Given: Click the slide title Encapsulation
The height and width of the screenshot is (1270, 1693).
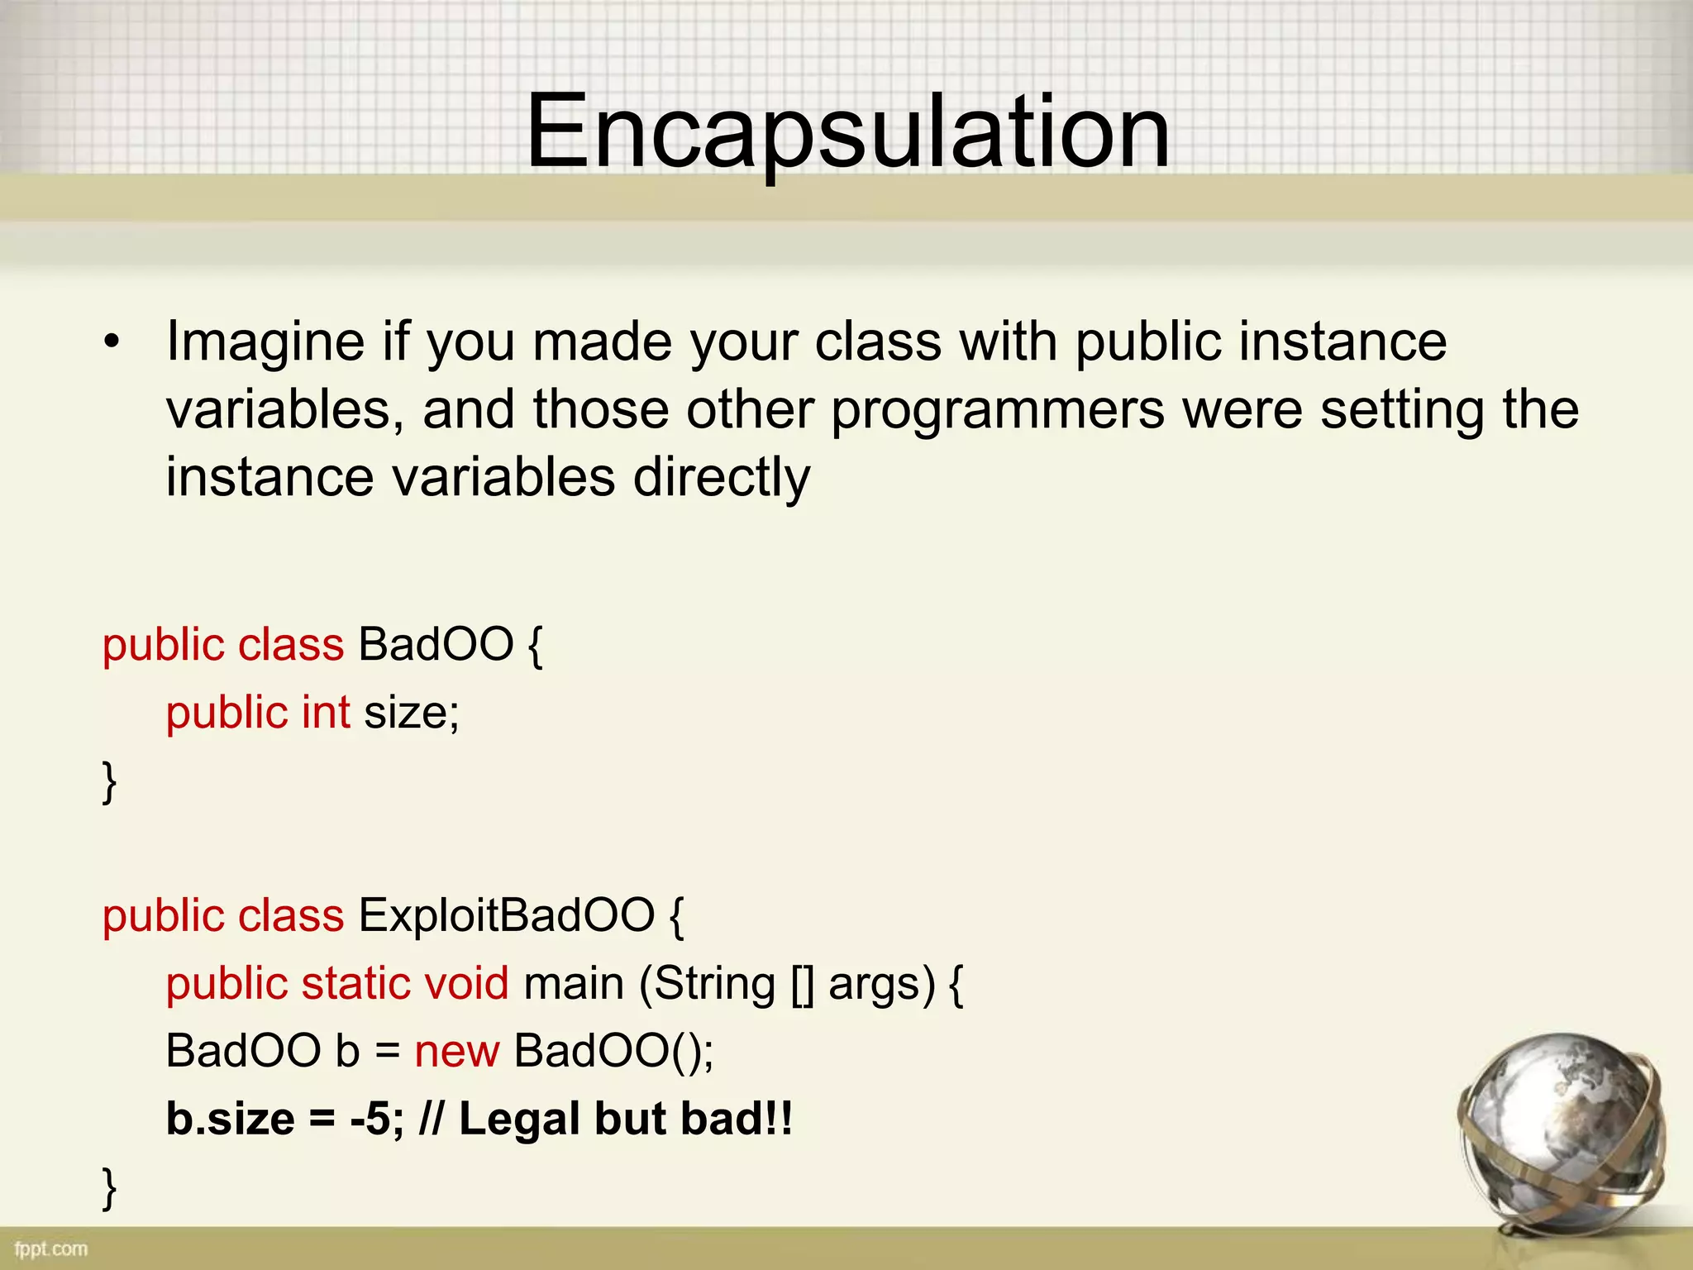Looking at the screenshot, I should point(848,132).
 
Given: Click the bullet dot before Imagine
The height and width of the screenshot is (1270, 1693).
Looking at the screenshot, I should point(112,341).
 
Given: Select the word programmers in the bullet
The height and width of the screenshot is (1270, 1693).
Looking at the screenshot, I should point(997,410).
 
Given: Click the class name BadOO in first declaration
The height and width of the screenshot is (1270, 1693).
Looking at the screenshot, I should point(436,644).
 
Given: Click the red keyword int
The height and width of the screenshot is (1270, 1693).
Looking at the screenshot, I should point(326,712).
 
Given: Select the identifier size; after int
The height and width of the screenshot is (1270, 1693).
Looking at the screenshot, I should point(412,712).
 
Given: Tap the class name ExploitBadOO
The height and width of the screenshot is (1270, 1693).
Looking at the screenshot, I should point(506,915).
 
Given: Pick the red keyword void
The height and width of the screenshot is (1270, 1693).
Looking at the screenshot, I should point(466,983).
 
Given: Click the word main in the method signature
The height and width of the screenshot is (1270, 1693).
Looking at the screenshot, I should point(573,983).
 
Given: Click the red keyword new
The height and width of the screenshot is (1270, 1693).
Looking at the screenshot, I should point(456,1052).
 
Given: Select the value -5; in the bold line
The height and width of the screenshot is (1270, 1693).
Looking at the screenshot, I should point(377,1119).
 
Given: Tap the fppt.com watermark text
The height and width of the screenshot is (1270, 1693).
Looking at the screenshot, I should point(50,1249).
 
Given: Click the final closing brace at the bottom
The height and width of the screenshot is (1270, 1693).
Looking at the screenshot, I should point(109,1187).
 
